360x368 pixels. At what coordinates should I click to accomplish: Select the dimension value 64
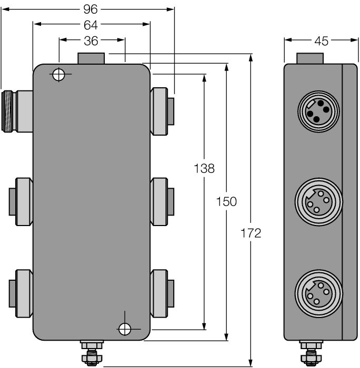[x=92, y=24]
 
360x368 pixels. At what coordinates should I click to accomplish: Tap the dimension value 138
[x=204, y=168]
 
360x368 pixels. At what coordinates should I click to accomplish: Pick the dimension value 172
[x=251, y=233]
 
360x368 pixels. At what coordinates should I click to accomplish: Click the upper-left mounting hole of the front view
[x=58, y=75]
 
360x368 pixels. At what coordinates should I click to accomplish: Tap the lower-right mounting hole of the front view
[x=124, y=329]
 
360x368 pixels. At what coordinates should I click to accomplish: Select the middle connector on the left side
[x=19, y=202]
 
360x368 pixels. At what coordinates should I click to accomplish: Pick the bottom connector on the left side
[x=19, y=292]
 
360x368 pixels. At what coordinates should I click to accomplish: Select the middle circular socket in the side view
[x=318, y=202]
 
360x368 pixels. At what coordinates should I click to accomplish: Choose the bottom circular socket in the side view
[x=318, y=293]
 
